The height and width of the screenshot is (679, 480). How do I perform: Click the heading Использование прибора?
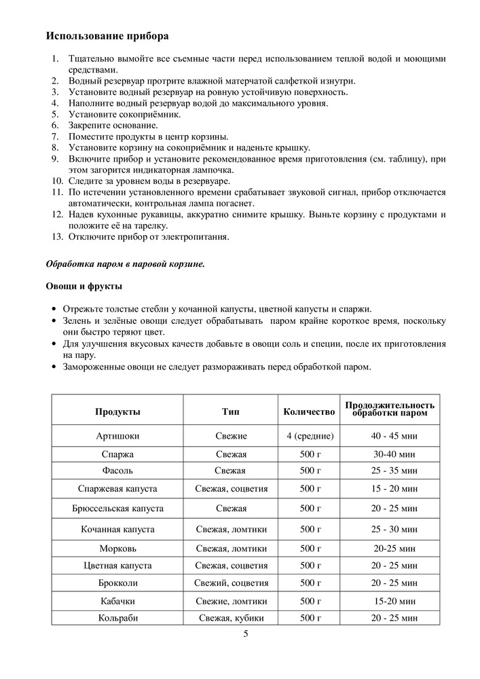(107, 35)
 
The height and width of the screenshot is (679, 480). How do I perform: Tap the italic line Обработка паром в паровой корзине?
(125, 263)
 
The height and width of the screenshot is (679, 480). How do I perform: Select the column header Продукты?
(117, 411)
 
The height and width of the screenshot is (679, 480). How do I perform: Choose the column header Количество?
(310, 411)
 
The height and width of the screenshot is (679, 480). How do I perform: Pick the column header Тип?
(230, 411)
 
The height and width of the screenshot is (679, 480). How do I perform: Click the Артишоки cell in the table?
(117, 435)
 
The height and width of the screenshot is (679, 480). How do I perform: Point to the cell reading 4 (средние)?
(310, 435)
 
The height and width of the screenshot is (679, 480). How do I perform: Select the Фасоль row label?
(117, 471)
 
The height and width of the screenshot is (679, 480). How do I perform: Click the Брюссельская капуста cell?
(117, 508)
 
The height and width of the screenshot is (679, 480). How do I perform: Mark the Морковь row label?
(117, 547)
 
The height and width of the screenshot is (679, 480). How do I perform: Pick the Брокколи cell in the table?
(117, 583)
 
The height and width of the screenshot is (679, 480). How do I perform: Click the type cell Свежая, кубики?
(230, 618)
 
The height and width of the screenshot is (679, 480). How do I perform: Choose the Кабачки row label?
(117, 600)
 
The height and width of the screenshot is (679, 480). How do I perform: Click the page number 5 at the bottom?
(246, 634)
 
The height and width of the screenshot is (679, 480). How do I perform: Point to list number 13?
(57, 237)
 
